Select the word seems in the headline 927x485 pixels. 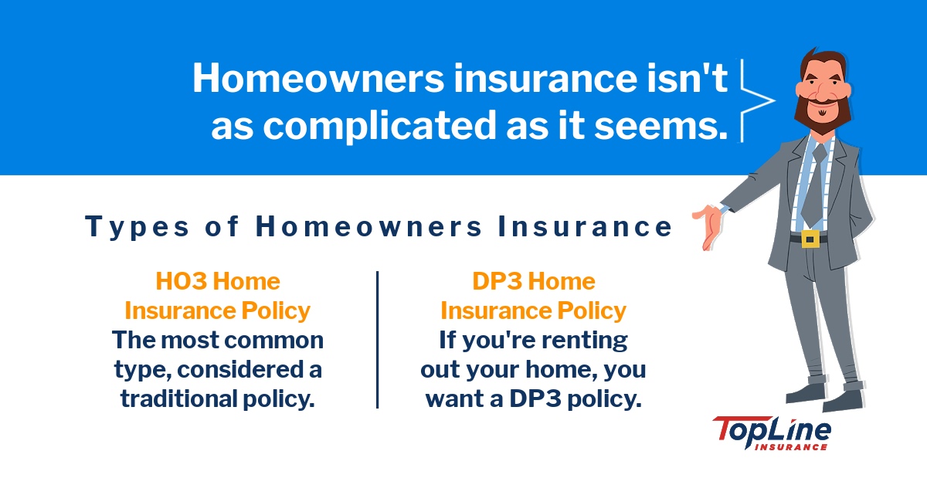point(671,127)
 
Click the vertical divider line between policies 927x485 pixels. point(377,340)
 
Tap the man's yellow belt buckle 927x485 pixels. point(810,239)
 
